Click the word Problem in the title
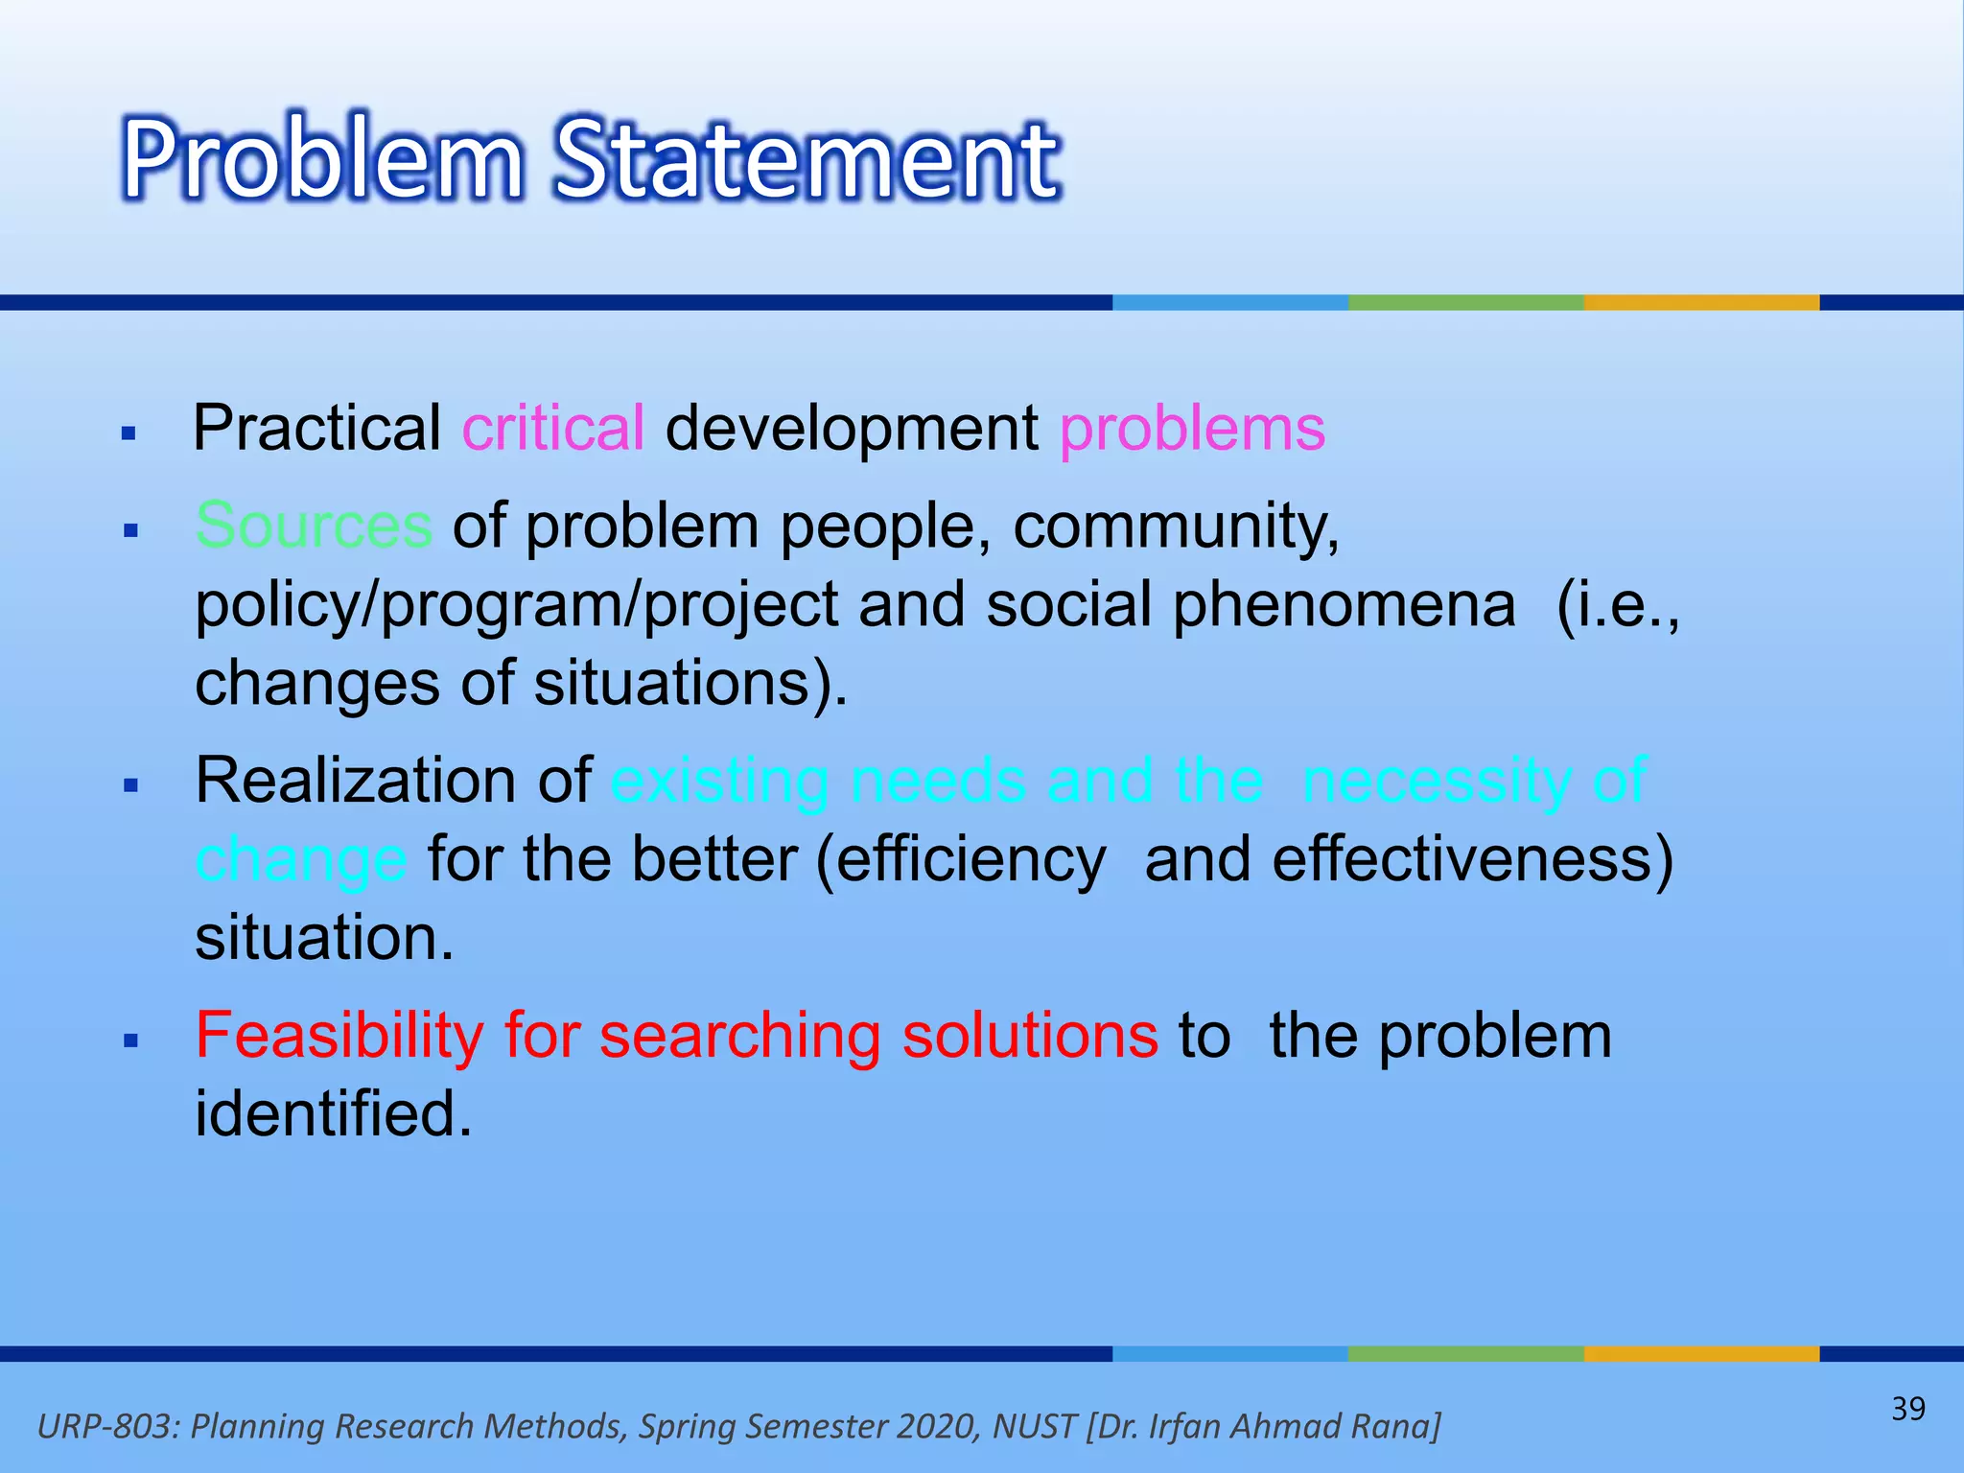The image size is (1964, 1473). pyautogui.click(x=322, y=158)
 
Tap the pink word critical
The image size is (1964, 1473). pyautogui.click(x=553, y=428)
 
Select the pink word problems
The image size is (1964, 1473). pyautogui.click(x=1192, y=428)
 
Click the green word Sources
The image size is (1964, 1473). pyautogui.click(x=314, y=526)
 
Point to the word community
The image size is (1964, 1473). pyautogui.click(x=1176, y=527)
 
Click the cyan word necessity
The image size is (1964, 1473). pyautogui.click(x=1436, y=780)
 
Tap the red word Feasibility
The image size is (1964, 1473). pyautogui.click(x=339, y=1036)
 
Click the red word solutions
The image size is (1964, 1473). pyautogui.click(x=1030, y=1036)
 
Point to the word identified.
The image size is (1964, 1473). pyautogui.click(x=333, y=1114)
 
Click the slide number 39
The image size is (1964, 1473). pyautogui.click(x=1907, y=1409)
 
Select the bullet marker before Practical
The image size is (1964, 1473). pyautogui.click(x=129, y=434)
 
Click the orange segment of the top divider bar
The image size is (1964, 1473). pyautogui.click(x=1700, y=302)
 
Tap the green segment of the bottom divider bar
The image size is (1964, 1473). pyautogui.click(x=1464, y=1353)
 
